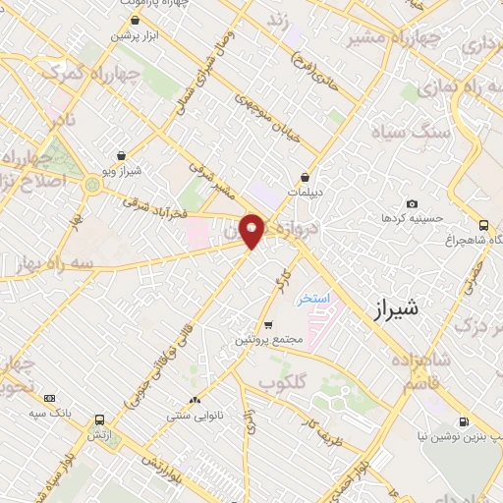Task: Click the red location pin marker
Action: pos(252,230)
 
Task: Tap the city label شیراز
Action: pos(397,310)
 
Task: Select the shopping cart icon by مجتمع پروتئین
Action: pos(269,325)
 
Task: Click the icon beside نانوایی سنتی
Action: pos(196,400)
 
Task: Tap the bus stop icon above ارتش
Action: pos(100,416)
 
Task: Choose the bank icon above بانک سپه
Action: pos(50,398)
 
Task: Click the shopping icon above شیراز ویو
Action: pos(121,155)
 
